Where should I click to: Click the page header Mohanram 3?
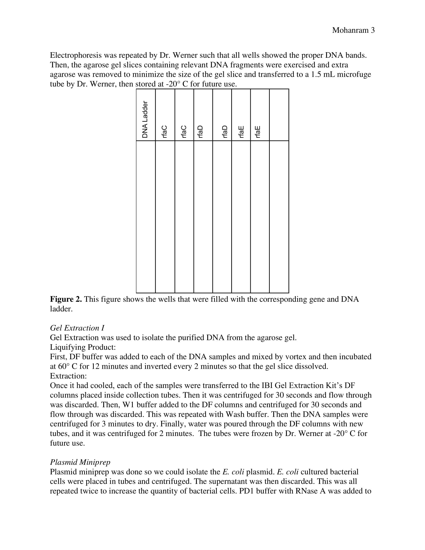tap(353, 30)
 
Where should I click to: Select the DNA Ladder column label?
tap(145, 119)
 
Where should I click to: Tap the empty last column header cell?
tap(279, 115)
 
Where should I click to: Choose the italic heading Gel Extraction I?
tap(77, 328)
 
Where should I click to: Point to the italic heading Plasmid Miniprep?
tap(80, 462)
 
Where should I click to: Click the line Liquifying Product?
tap(83, 347)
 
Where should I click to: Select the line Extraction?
tap(68, 376)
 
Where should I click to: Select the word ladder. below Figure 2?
tap(61, 309)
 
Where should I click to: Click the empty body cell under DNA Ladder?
tap(145, 216)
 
